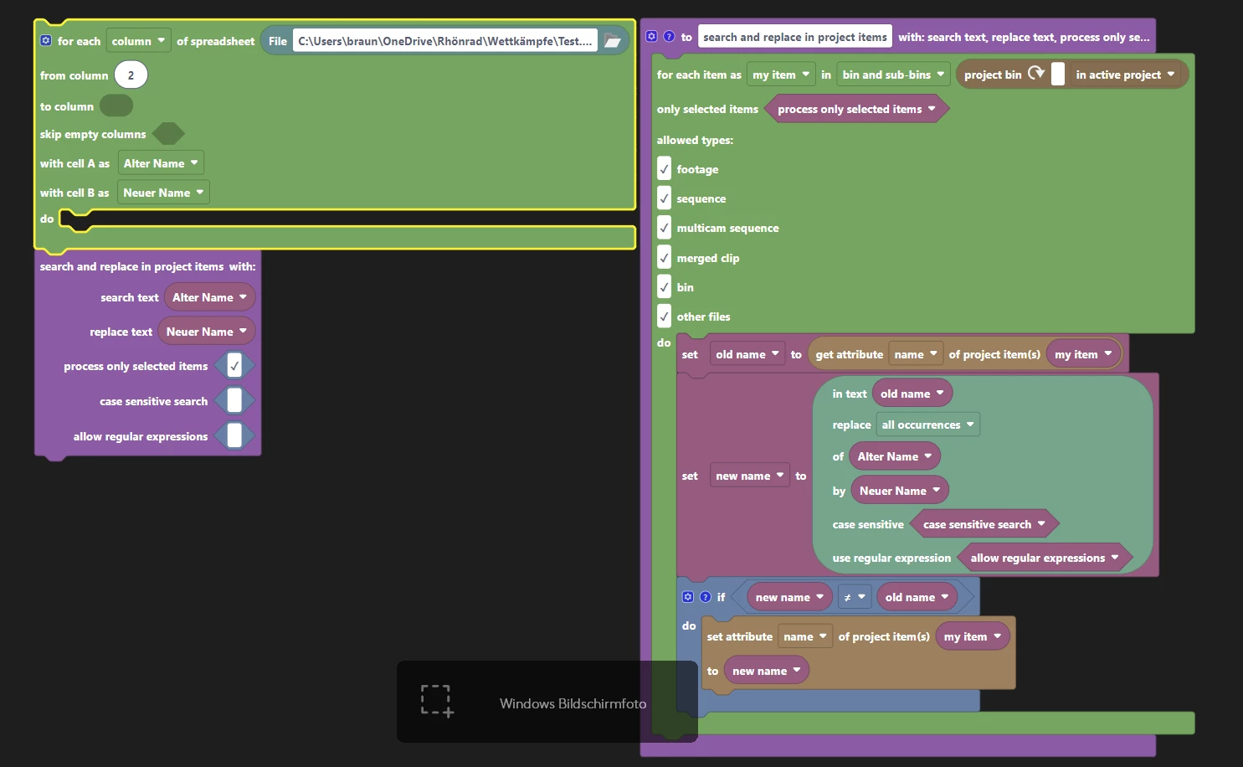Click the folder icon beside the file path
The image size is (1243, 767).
coord(612,40)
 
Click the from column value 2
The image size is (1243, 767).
coord(131,75)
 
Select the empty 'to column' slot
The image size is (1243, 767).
coord(116,106)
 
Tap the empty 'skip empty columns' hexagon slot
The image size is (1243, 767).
coord(168,134)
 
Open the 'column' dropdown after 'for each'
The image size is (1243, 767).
coord(138,40)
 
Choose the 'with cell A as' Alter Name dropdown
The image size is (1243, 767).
coord(161,163)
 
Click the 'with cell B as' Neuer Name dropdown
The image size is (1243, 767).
coord(163,193)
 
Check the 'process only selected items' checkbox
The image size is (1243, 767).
coord(234,366)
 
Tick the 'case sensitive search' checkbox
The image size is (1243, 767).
coord(234,401)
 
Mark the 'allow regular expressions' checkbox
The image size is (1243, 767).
coord(234,435)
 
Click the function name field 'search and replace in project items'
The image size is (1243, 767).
coord(794,37)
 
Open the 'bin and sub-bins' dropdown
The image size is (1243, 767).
coord(893,75)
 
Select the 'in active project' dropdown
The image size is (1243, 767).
coord(1125,75)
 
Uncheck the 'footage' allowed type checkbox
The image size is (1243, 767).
coord(664,168)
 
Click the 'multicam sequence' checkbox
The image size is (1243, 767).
coord(664,228)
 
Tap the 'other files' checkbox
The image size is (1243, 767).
coord(664,317)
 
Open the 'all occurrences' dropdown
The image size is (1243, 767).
coord(927,425)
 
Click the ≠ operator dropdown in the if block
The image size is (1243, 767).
coord(855,597)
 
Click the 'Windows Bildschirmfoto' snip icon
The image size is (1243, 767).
coord(437,701)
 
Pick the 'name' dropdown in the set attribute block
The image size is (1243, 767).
coord(804,636)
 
